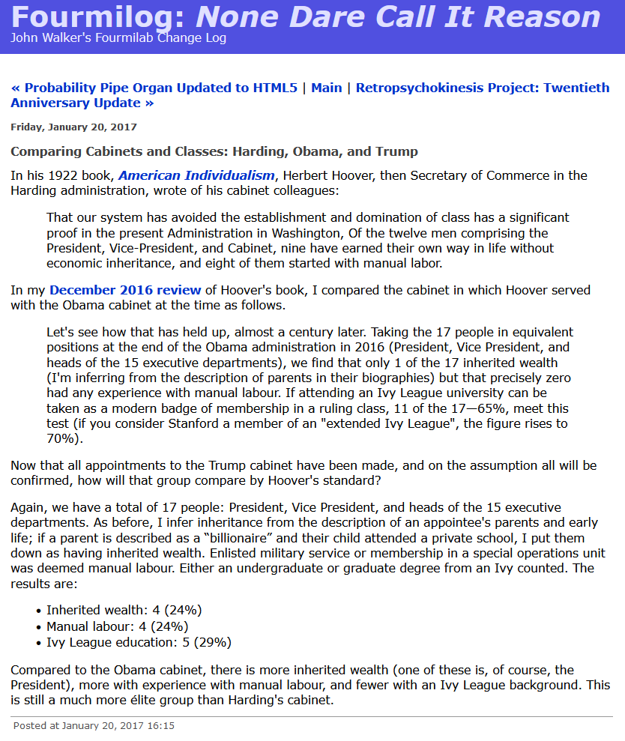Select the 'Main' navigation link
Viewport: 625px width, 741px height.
point(326,88)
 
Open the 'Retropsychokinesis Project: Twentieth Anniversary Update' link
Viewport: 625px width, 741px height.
point(483,88)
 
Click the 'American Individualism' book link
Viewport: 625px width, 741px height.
point(196,175)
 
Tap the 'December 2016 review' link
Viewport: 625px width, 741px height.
point(125,290)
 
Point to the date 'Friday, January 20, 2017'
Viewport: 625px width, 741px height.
point(73,127)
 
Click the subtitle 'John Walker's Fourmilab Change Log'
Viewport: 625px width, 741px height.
point(118,38)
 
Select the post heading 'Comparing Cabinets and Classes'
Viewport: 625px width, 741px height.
point(214,151)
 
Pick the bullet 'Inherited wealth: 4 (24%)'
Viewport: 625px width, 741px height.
point(124,610)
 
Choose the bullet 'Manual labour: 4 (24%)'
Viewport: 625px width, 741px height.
point(117,626)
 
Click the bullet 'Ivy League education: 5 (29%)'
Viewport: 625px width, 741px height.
point(139,642)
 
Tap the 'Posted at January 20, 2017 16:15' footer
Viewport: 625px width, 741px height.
point(94,725)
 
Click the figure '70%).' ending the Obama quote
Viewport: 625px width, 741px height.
point(63,438)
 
